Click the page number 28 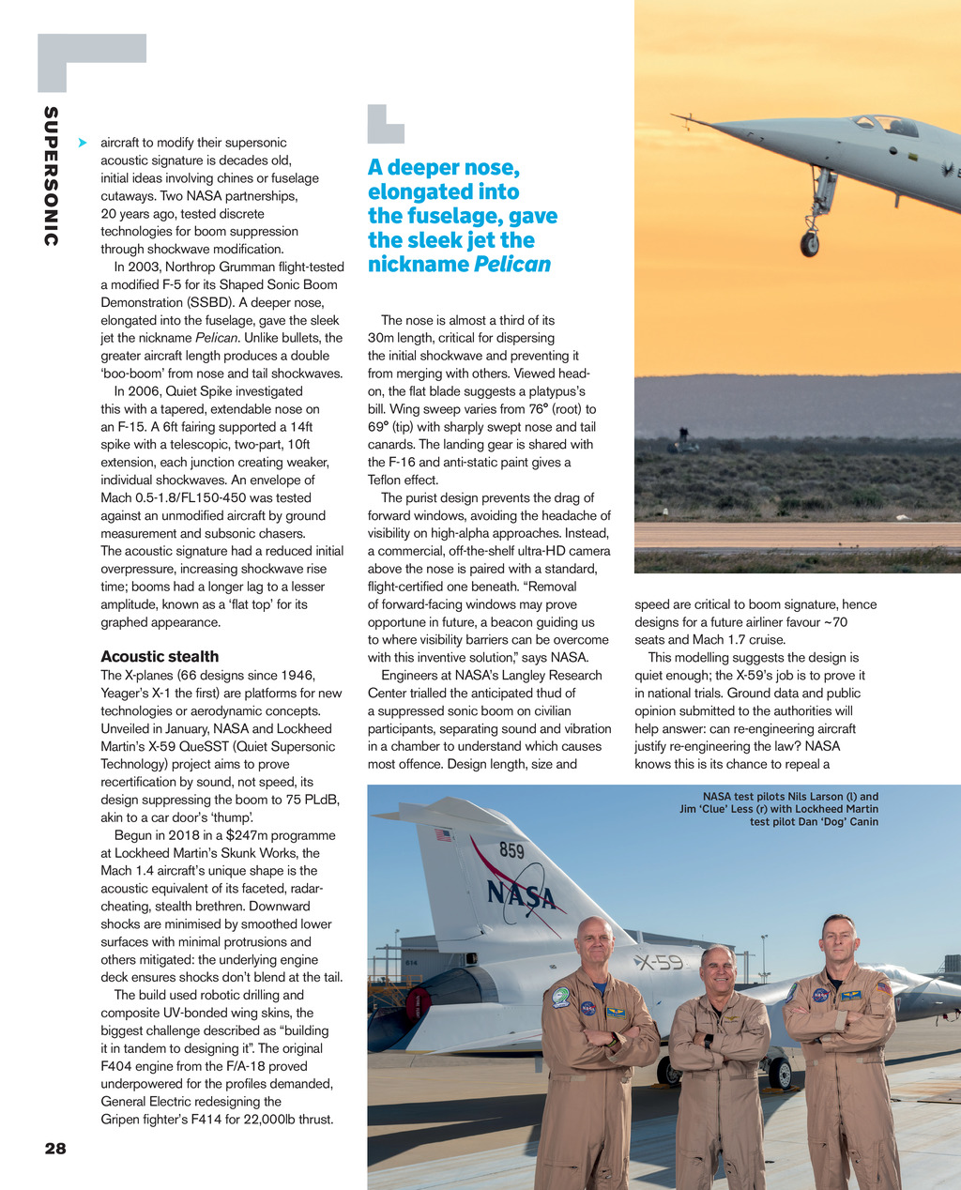[55, 1148]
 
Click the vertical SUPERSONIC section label [51, 176]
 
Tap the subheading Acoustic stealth [160, 656]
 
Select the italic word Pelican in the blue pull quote [511, 265]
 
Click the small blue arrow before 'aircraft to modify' [83, 143]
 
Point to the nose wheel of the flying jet [809, 244]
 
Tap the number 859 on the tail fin [511, 851]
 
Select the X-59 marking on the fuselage [659, 962]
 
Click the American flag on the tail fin [444, 833]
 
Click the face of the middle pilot [718, 971]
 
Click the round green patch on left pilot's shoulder [561, 997]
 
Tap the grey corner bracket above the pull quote [384, 123]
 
